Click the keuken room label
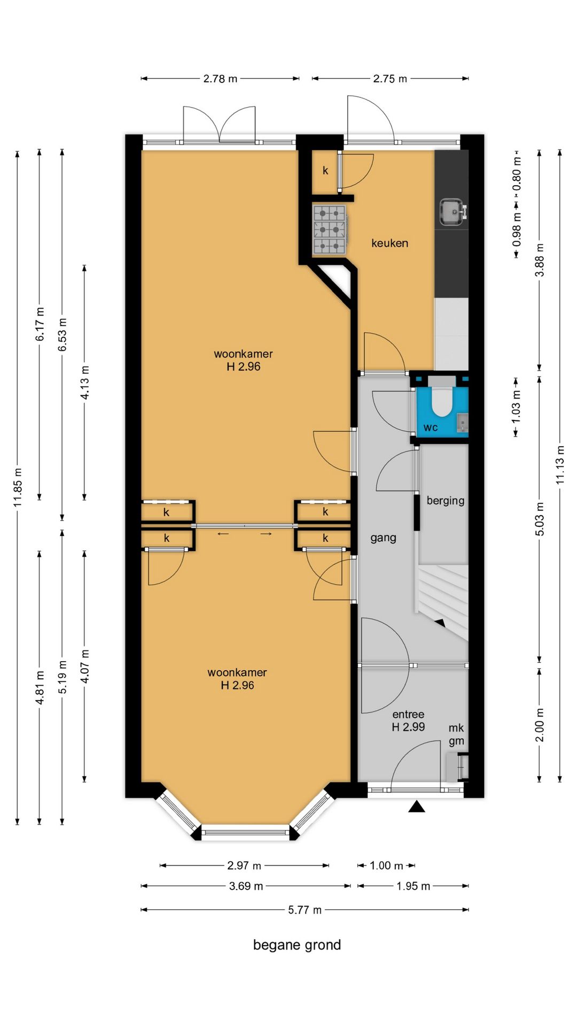click(x=389, y=243)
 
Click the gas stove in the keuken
click(x=329, y=229)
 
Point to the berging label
click(x=445, y=501)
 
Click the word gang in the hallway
click(x=383, y=538)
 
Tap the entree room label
click(x=408, y=714)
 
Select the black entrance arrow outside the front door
click(x=417, y=806)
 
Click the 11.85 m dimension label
click(x=18, y=487)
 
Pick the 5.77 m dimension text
click(x=305, y=910)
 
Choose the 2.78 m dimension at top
click(x=220, y=79)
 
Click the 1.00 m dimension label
click(x=386, y=865)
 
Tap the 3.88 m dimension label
click(x=540, y=260)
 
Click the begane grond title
click(x=297, y=945)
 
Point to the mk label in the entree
click(x=456, y=728)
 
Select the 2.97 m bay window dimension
click(x=244, y=865)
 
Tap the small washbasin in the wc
click(x=463, y=423)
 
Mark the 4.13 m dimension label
click(x=84, y=382)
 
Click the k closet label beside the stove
click(x=325, y=171)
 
